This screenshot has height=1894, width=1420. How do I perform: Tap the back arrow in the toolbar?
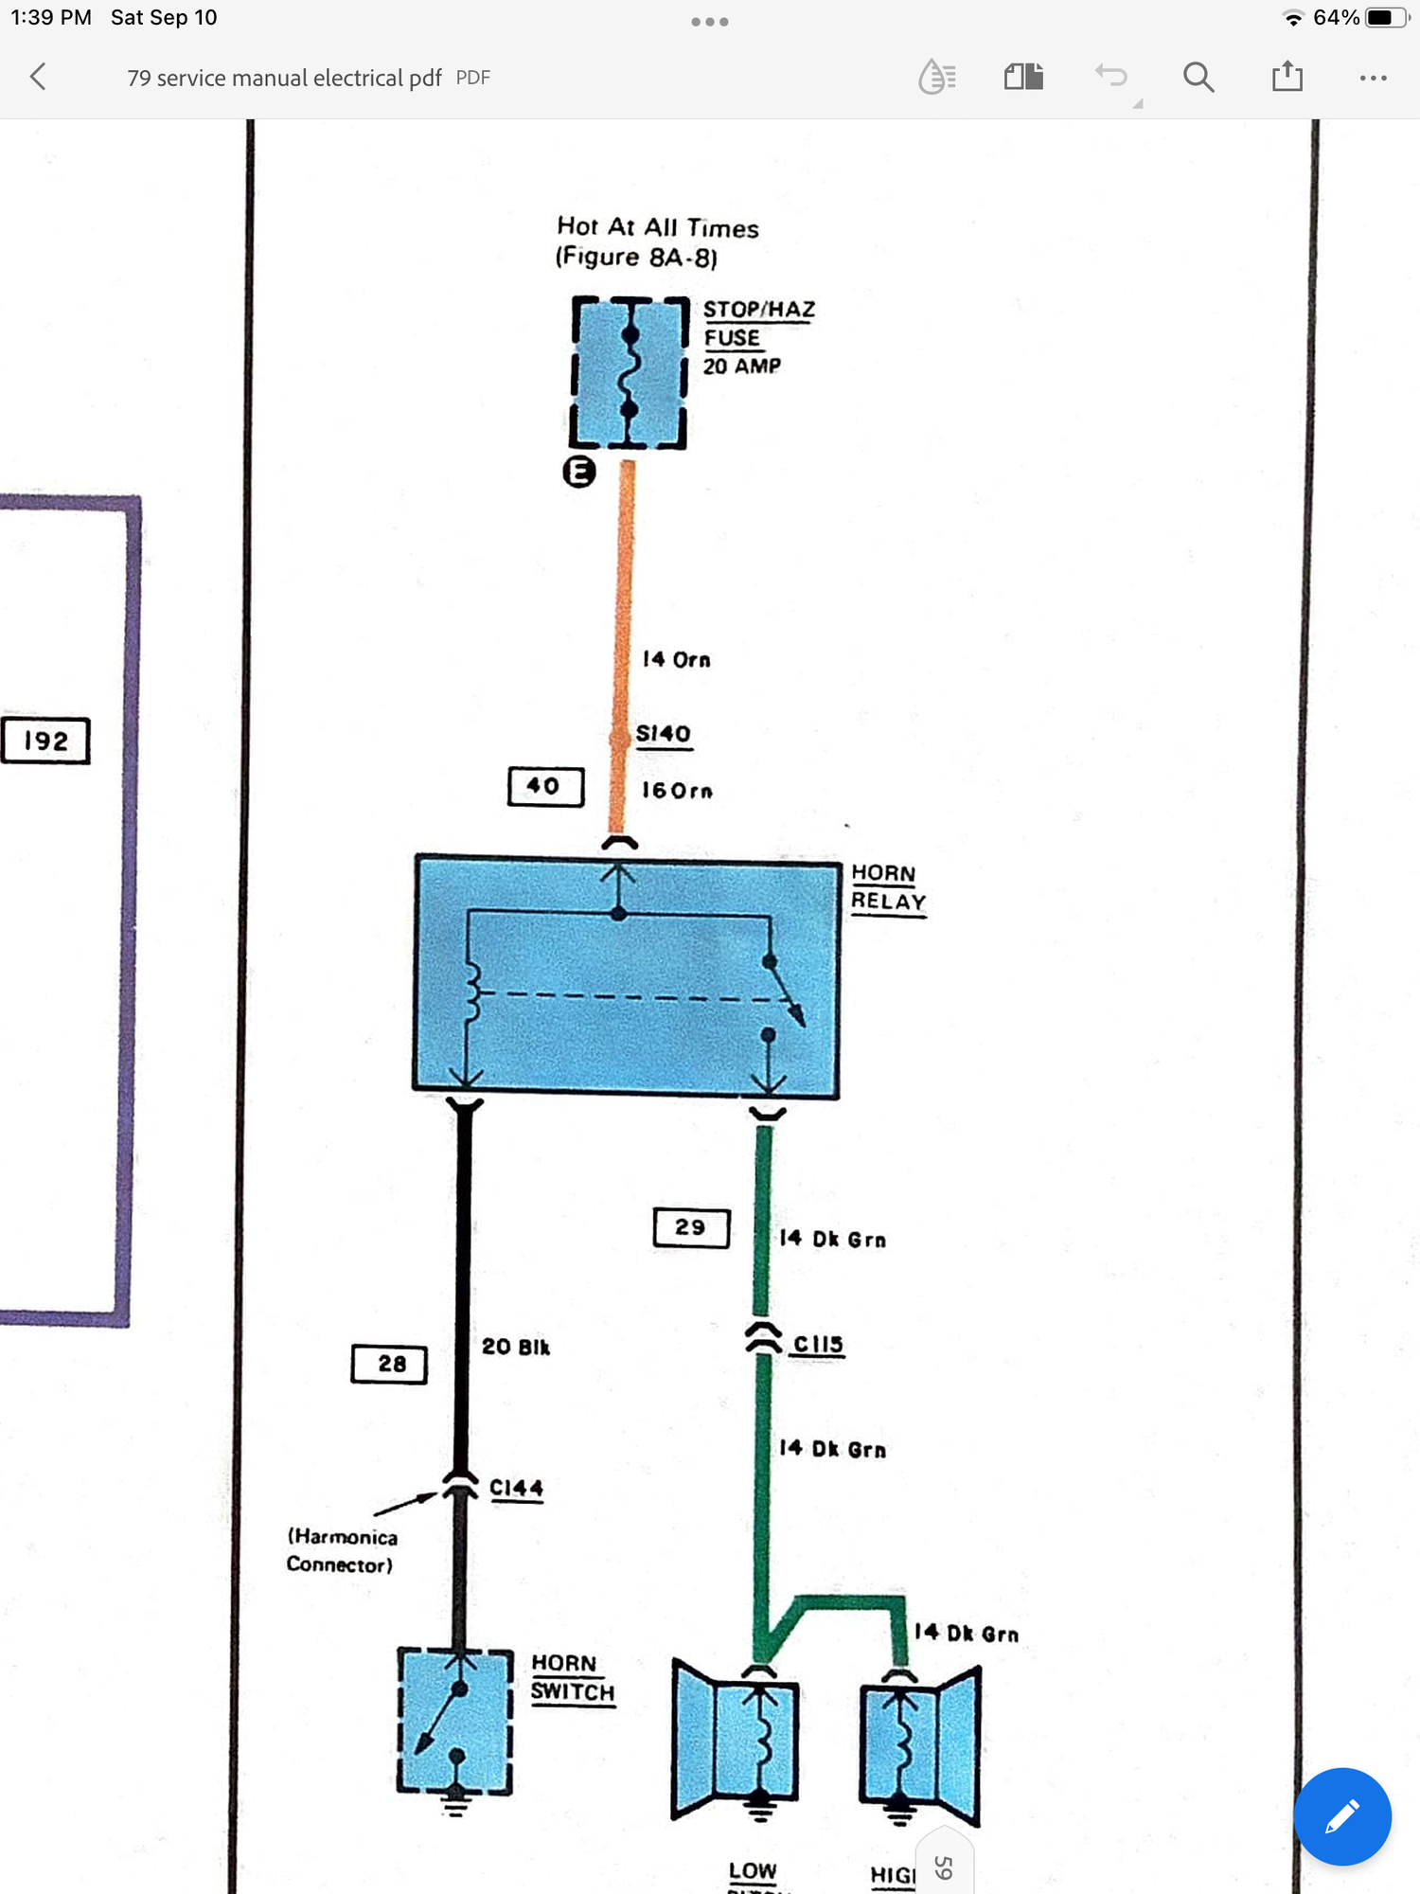pos(39,77)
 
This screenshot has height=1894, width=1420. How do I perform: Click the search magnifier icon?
pos(1198,77)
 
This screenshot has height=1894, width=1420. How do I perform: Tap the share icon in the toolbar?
pos(1287,76)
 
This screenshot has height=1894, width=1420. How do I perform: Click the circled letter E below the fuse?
pos(579,471)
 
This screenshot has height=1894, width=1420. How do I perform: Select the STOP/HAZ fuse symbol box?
pos(629,372)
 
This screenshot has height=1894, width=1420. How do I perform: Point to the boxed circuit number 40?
pos(545,786)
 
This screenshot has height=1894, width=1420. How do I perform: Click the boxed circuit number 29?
pos(691,1227)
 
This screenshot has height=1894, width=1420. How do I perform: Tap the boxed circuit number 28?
pos(389,1364)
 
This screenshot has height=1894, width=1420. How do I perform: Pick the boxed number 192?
pos(45,741)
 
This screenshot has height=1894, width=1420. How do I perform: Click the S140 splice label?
pos(664,734)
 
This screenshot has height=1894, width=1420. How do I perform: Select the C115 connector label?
pos(818,1344)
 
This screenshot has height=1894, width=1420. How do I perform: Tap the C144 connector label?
pos(516,1488)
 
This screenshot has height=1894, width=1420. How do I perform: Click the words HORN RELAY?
pos(887,887)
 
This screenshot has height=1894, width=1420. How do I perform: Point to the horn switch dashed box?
pos(454,1721)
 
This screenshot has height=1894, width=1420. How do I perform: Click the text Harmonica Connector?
pos(342,1550)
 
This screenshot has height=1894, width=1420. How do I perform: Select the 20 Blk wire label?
pos(515,1347)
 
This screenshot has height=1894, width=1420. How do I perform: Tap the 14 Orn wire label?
pos(676,659)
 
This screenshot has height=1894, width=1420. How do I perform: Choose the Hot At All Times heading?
pos(657,227)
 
